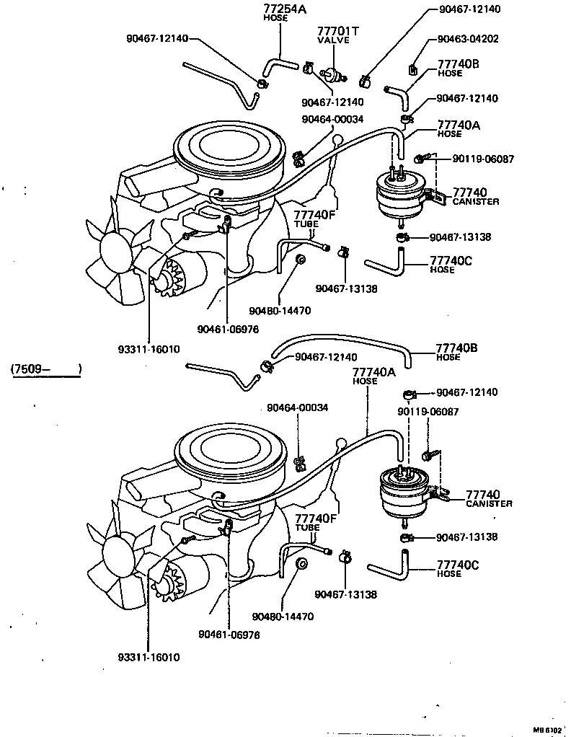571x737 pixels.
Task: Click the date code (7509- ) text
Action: (x=45, y=370)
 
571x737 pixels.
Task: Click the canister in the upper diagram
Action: (x=399, y=194)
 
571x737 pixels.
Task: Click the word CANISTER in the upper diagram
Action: (x=475, y=202)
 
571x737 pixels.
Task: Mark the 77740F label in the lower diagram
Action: (x=315, y=518)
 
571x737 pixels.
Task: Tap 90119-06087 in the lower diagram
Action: (x=428, y=412)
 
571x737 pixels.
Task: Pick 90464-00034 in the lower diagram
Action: (x=297, y=407)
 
